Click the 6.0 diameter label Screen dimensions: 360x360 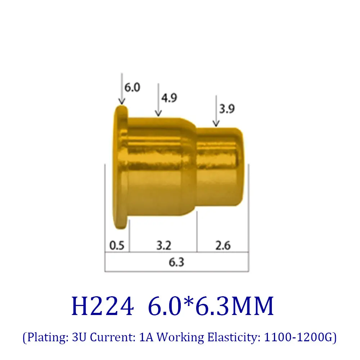click(x=132, y=87)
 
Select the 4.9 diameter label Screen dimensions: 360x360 click(x=169, y=98)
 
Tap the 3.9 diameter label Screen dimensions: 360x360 click(x=227, y=109)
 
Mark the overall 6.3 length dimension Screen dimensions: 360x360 click(x=176, y=262)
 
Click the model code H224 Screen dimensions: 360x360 click(x=103, y=307)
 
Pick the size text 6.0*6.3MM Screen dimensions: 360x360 click(x=211, y=307)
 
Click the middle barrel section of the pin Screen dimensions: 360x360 click(x=162, y=167)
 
